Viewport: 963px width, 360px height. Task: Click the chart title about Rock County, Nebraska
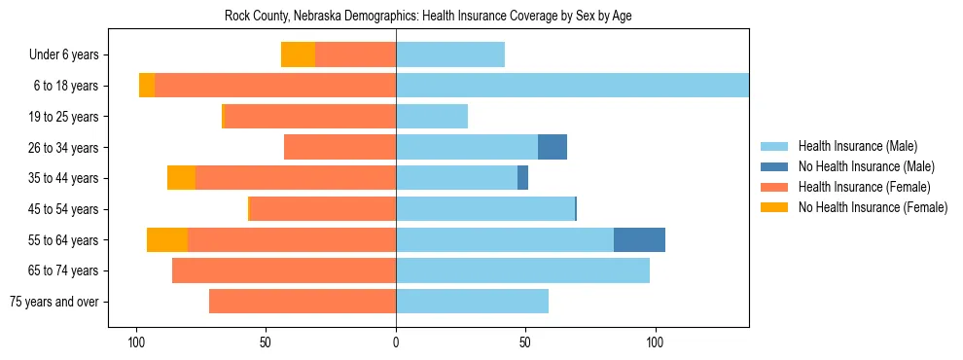[x=429, y=17]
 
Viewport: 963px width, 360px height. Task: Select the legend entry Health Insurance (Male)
[x=857, y=146]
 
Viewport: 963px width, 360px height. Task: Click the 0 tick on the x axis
[x=396, y=342]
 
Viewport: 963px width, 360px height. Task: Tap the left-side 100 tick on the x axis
[x=137, y=342]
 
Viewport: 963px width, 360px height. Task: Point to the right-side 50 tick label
[x=525, y=342]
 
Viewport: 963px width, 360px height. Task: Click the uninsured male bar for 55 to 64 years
[x=639, y=240]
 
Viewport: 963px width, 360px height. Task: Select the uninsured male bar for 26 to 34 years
[x=553, y=147]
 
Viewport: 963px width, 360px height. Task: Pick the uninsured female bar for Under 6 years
[x=298, y=55]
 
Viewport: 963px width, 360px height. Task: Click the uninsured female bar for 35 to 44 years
[x=181, y=178]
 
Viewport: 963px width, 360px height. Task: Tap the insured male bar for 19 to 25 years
[x=432, y=117]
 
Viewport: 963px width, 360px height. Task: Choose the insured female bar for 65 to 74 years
[x=284, y=270]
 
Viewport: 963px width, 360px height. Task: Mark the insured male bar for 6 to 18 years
[x=572, y=86]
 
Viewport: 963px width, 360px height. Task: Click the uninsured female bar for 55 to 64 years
[x=167, y=240]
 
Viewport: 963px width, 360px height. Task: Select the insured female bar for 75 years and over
[x=303, y=302]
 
